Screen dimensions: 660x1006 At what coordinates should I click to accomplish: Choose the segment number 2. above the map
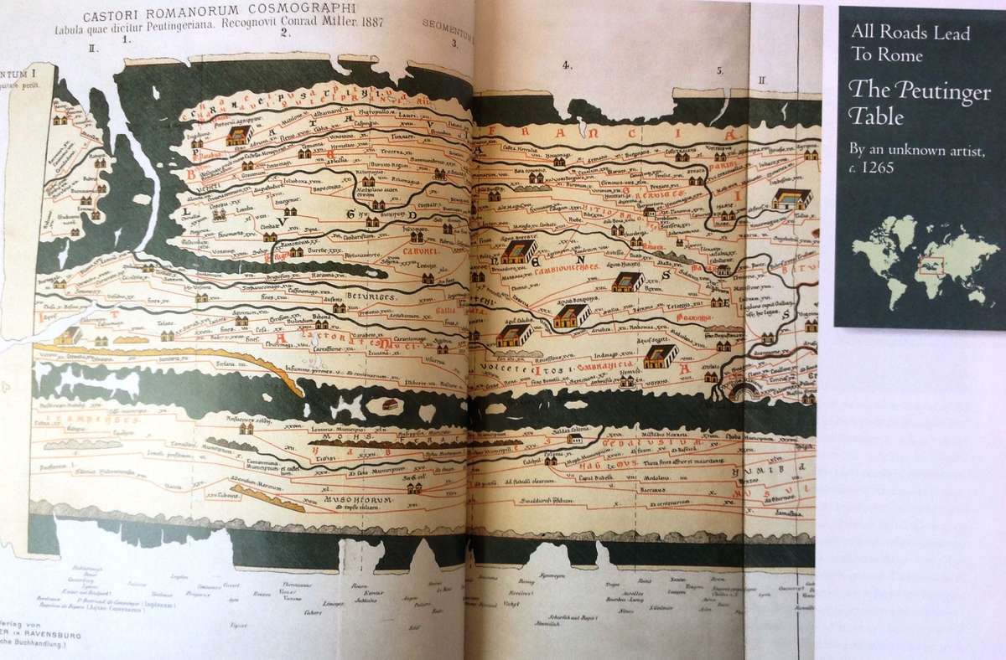[x=285, y=34]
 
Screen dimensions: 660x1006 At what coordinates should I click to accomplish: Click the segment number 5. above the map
[x=719, y=70]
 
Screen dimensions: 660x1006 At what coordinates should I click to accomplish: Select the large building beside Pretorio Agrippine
[x=238, y=135]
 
